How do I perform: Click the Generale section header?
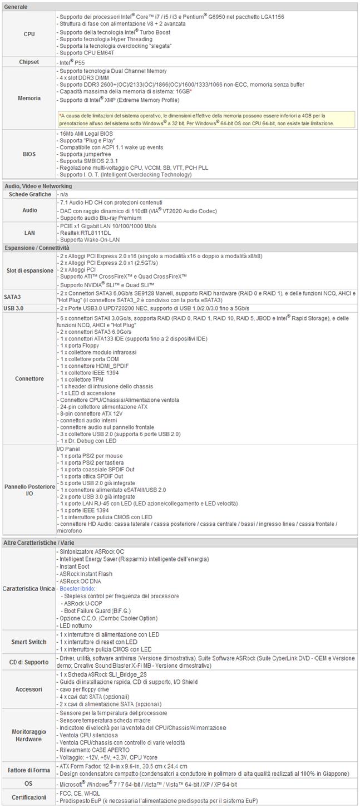point(16,6)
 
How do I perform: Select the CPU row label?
point(29,35)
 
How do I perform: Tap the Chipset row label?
point(29,62)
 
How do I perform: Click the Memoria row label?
point(29,98)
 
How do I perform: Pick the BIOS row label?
point(29,154)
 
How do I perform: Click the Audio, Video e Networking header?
point(38,186)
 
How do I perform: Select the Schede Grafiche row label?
point(29,194)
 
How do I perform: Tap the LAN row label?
point(29,232)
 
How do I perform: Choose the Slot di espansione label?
point(29,270)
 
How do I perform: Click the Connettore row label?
point(29,378)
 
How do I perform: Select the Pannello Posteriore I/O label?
point(29,490)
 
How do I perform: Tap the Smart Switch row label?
point(29,642)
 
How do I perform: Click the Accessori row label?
point(29,689)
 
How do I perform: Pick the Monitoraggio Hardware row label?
point(29,735)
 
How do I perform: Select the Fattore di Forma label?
point(29,770)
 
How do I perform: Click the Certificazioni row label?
point(29,797)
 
